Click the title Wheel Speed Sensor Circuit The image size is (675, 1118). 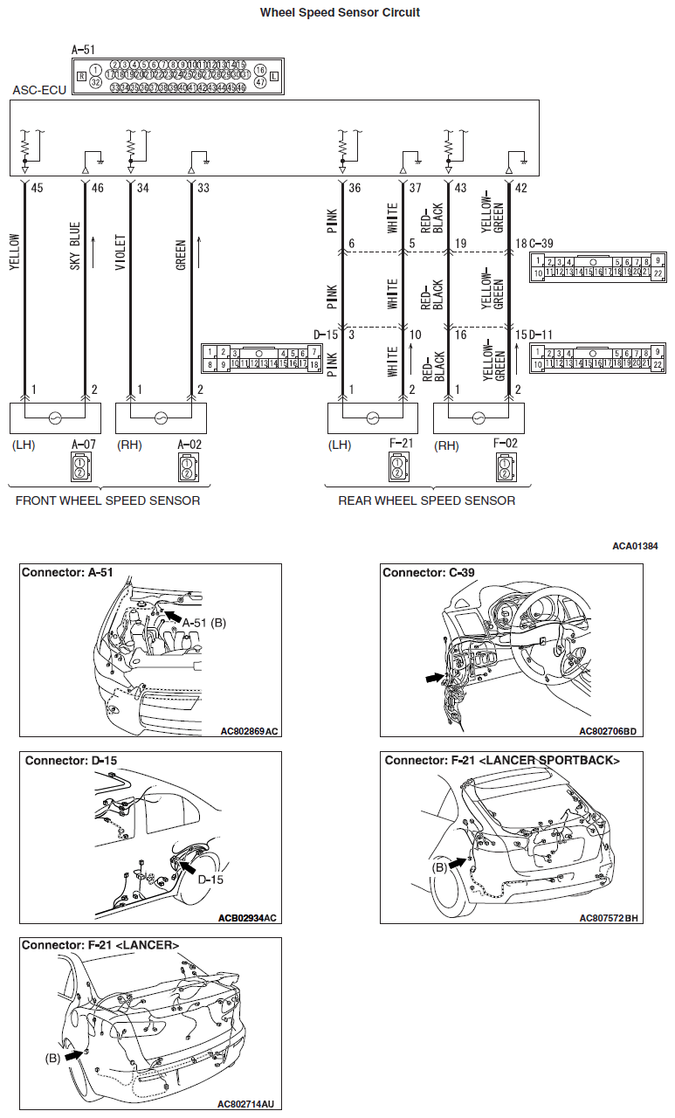coord(340,13)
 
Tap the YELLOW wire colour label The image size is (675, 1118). coord(14,252)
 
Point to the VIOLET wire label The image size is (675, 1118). coord(120,251)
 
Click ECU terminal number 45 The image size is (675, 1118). coord(37,188)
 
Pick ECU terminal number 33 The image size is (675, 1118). coord(203,188)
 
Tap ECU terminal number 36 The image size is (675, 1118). coord(355,188)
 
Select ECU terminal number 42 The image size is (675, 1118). coord(521,188)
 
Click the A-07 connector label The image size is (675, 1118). coord(84,444)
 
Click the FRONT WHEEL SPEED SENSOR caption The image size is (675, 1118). coord(107,500)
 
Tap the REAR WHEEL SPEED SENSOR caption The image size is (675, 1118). coord(426,500)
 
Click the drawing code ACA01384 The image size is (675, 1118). coord(635,546)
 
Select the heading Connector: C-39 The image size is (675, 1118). coord(428,573)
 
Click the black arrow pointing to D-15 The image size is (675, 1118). coord(187,865)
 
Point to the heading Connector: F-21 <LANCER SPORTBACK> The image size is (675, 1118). coord(502,761)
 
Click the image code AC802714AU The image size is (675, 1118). coord(249,1104)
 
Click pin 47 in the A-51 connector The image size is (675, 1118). coord(260,81)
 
